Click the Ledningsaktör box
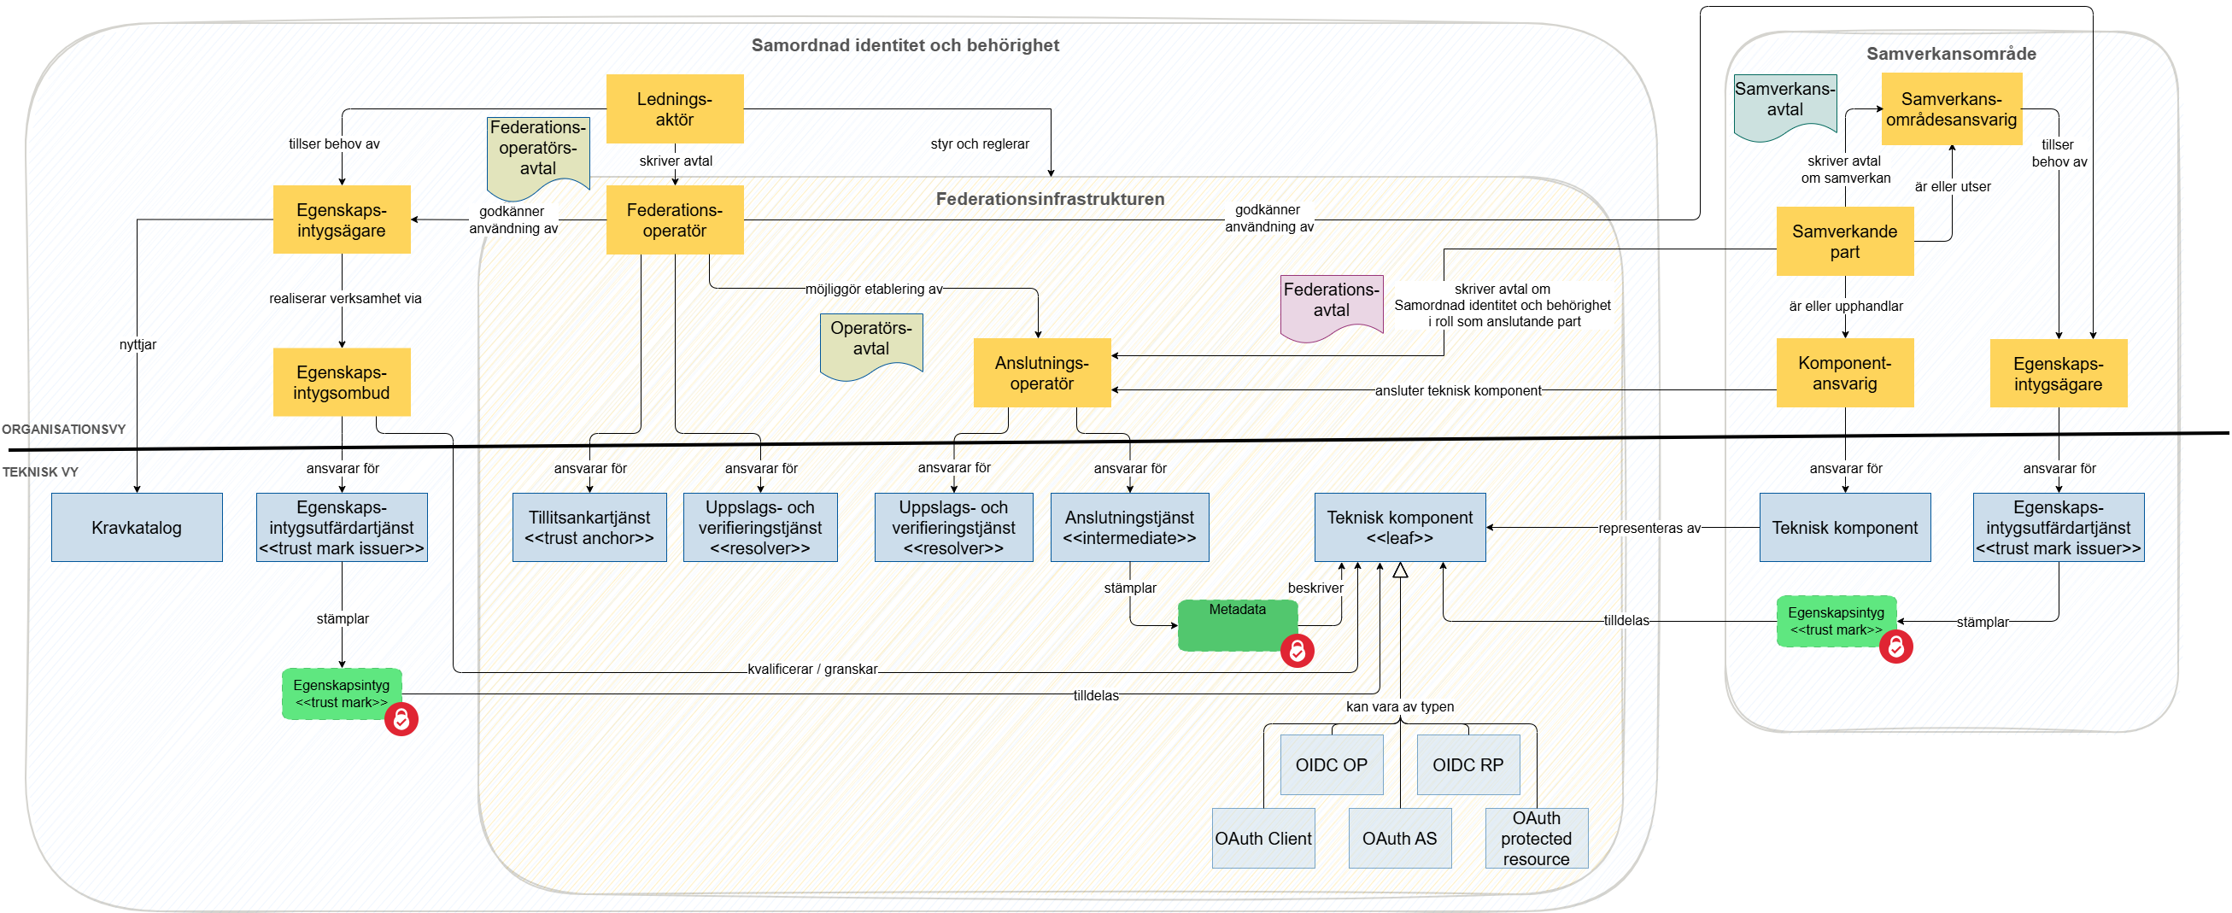(x=674, y=109)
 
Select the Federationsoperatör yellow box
(x=674, y=220)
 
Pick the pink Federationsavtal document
(x=1331, y=305)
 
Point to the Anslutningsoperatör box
(x=1041, y=372)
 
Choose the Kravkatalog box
(x=137, y=528)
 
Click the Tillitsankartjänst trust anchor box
(x=589, y=528)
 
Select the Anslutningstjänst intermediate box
(x=1129, y=528)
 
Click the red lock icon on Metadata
(x=1298, y=651)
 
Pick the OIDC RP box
(x=1467, y=765)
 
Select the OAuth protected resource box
(x=1536, y=839)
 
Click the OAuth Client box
(x=1263, y=839)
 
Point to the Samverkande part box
(x=1845, y=242)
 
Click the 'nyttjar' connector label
(x=138, y=345)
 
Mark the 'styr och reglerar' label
(x=980, y=143)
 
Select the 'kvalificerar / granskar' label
(x=812, y=670)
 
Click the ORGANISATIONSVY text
(x=63, y=430)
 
